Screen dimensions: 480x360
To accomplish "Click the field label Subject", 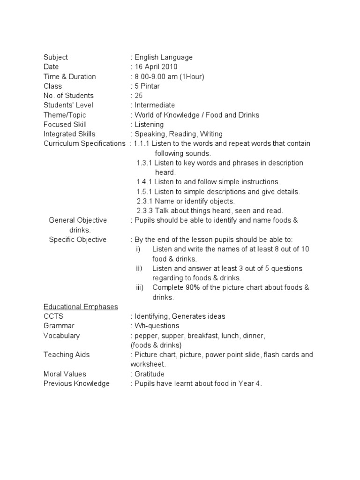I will pyautogui.click(x=56, y=57).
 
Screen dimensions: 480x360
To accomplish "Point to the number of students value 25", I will pyautogui.click(x=139, y=96).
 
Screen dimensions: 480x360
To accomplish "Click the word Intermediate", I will pyautogui.click(x=155, y=105).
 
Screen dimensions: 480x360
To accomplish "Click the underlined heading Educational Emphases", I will pyautogui.click(x=81, y=307).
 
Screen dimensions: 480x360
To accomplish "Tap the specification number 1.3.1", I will pyautogui.click(x=144, y=163).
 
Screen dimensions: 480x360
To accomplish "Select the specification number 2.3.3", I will pyautogui.click(x=144, y=211).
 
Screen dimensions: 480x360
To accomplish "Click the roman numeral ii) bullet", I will pyautogui.click(x=139, y=269).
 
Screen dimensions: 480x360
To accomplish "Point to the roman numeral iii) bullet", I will pyautogui.click(x=140, y=288).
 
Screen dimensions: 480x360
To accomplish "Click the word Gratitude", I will pyautogui.click(x=150, y=374).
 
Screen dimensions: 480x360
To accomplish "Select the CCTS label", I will pyautogui.click(x=53, y=316).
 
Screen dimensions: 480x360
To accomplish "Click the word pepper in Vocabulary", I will pyautogui.click(x=147, y=336).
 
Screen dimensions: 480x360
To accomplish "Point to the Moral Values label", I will pyautogui.click(x=65, y=374).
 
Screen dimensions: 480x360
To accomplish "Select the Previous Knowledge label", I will pyautogui.click(x=76, y=383).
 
